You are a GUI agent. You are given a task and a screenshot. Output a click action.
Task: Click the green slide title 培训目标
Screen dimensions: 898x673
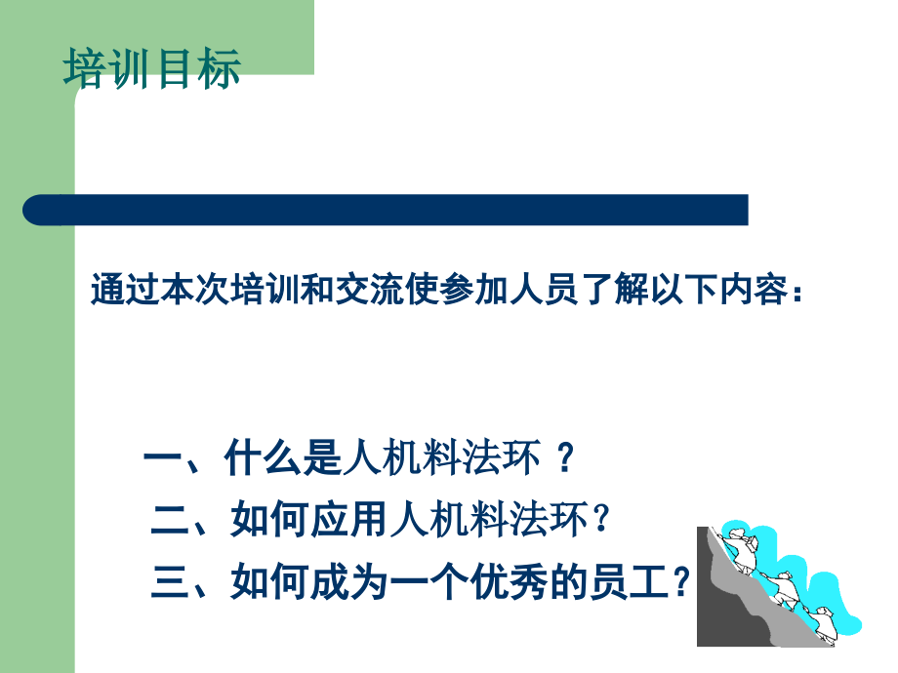[x=151, y=68]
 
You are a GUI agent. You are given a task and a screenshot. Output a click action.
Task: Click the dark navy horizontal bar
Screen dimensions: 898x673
[x=386, y=210]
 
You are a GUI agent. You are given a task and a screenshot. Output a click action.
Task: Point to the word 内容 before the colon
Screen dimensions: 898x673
[x=754, y=289]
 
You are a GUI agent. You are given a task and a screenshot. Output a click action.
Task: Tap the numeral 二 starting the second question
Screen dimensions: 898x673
[x=170, y=520]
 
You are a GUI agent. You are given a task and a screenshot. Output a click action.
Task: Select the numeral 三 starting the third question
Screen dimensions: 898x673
[x=170, y=582]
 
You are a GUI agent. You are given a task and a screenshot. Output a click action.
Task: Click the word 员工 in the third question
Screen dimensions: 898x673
[x=630, y=582]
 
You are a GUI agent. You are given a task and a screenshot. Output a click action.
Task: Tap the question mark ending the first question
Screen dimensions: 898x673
[x=566, y=457]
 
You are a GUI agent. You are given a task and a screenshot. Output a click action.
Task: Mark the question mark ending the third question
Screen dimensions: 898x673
[x=681, y=581]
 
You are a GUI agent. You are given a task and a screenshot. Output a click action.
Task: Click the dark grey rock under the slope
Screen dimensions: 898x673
[x=724, y=613]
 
